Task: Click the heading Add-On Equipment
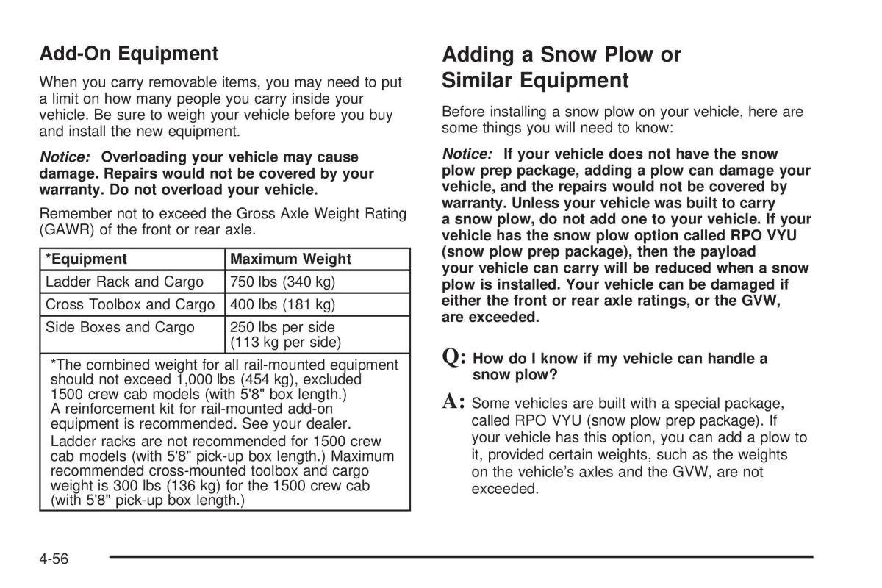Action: [129, 54]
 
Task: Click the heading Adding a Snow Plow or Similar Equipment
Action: [562, 67]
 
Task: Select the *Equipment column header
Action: [86, 259]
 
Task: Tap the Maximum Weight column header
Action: [290, 259]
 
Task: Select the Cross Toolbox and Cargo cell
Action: [130, 304]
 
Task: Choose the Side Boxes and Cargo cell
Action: [120, 327]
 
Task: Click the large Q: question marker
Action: [454, 359]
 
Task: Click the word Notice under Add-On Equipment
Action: [65, 157]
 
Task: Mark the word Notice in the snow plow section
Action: [467, 154]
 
